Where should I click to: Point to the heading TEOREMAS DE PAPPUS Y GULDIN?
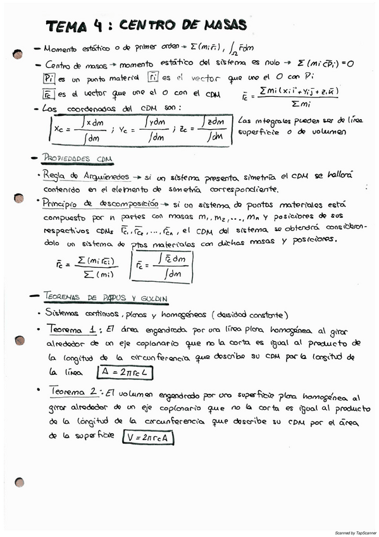[106, 297]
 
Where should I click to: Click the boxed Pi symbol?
[50, 78]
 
